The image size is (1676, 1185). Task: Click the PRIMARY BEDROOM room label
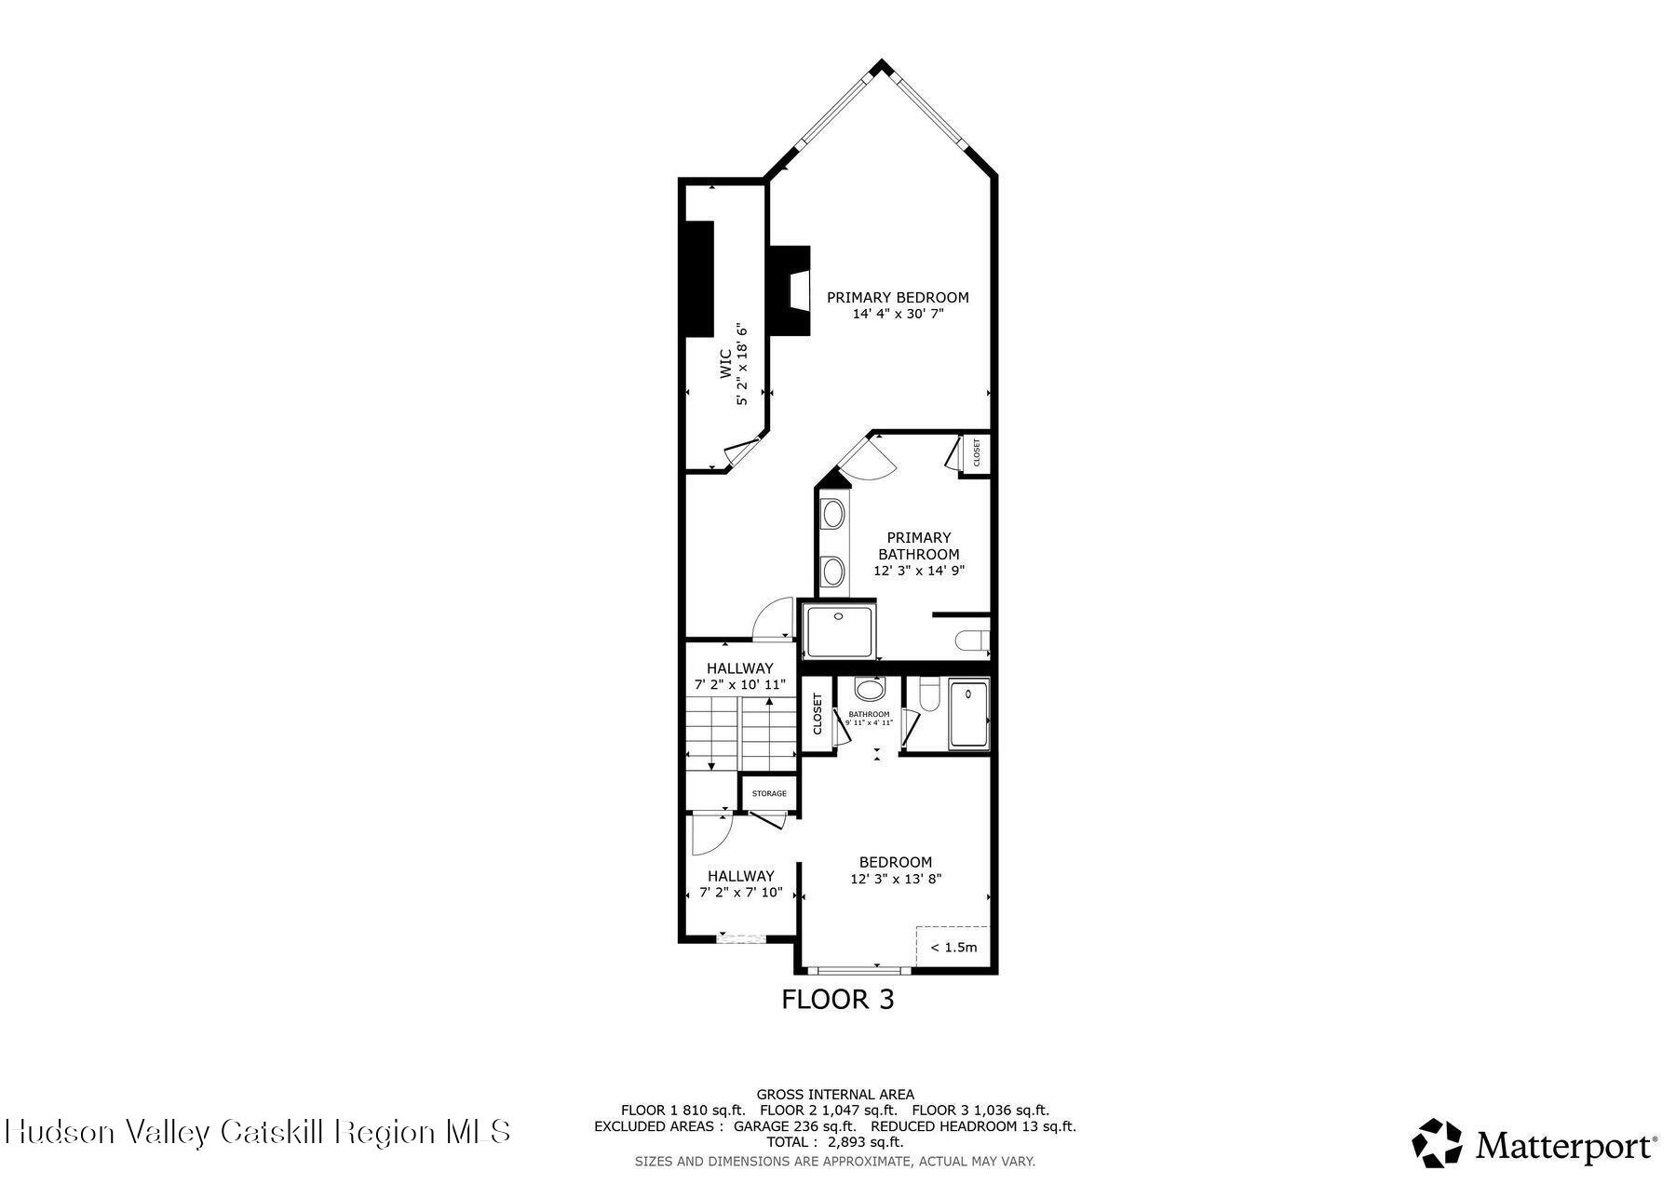[x=898, y=298]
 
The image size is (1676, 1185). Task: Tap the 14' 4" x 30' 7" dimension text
[x=898, y=315]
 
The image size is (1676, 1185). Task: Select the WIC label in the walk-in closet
[x=724, y=364]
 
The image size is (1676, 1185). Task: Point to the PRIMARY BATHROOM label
[x=919, y=545]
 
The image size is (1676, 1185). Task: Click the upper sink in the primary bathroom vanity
[x=833, y=513]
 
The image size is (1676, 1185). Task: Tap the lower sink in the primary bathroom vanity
[x=833, y=569]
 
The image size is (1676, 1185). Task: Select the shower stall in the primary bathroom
[x=839, y=631]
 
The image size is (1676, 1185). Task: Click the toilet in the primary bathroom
[x=972, y=640]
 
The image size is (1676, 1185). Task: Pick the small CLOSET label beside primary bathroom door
[x=977, y=453]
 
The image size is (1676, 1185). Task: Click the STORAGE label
[x=769, y=794]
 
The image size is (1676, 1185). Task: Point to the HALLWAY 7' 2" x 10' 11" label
[x=740, y=676]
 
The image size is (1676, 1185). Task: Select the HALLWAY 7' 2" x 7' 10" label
[x=741, y=883]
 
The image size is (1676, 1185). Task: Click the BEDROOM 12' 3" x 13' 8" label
[x=896, y=870]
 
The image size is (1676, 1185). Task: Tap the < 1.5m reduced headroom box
[x=953, y=948]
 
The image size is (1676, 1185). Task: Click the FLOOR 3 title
[x=837, y=1000]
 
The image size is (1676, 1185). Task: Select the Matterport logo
[x=1534, y=1144]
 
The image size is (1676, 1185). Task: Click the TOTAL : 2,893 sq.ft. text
[x=834, y=1142]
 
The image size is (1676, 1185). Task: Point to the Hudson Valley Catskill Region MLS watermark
[x=258, y=1132]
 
